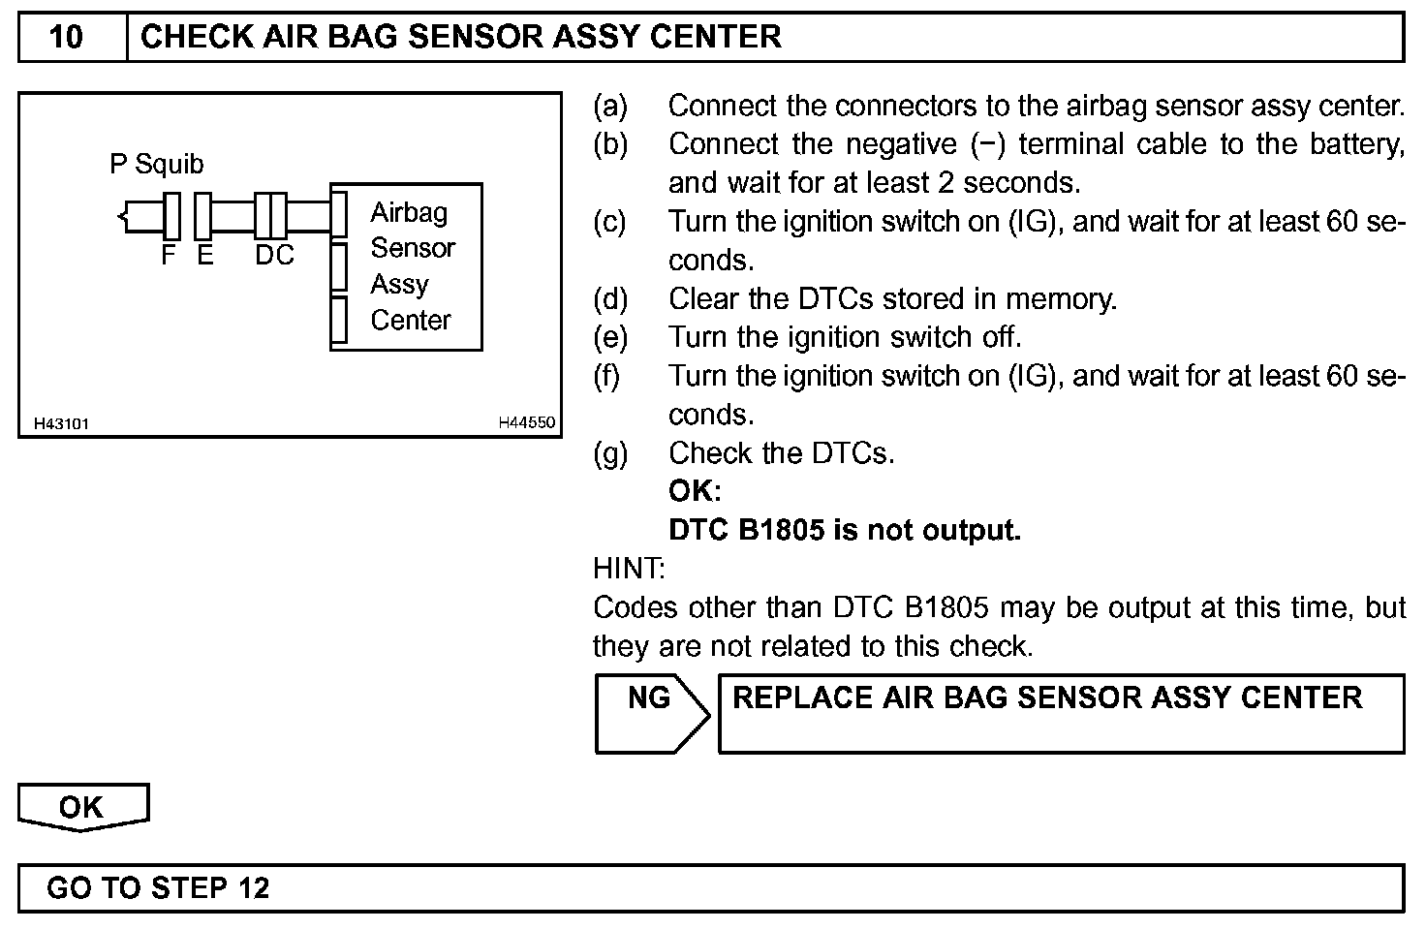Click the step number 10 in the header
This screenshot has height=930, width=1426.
pos(66,37)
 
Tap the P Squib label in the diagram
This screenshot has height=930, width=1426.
pos(157,164)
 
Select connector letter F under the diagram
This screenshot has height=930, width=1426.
pos(169,255)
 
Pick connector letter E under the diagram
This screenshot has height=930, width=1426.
pos(204,255)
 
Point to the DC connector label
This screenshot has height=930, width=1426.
pos(274,255)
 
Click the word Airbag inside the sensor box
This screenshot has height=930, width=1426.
pos(409,212)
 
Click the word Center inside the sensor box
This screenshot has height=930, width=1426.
pos(411,320)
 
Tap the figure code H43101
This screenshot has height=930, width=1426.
pos(61,423)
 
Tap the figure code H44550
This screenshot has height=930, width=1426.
pos(526,422)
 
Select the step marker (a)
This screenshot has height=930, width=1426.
pos(610,106)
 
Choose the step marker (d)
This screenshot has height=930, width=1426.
pos(610,299)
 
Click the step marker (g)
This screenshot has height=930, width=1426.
pos(610,453)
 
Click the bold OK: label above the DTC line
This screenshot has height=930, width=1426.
pos(695,491)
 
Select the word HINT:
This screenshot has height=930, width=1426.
pos(629,569)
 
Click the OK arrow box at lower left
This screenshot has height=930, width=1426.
pos(81,807)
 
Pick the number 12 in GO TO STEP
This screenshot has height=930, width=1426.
pos(252,887)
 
